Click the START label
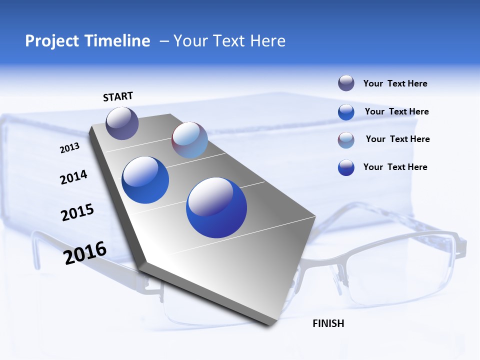click(118, 96)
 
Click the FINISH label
click(328, 323)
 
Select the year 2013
click(69, 148)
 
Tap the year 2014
click(73, 177)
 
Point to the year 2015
click(77, 212)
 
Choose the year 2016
click(85, 253)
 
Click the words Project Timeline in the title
click(87, 41)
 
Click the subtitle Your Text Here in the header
click(229, 41)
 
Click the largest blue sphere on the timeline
click(216, 207)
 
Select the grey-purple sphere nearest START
click(122, 123)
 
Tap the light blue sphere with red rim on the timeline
click(189, 140)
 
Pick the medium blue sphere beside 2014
click(145, 180)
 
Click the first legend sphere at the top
click(346, 83)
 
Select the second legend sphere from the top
click(346, 112)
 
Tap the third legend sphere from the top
click(346, 140)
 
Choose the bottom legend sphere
click(346, 167)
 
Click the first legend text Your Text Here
click(395, 83)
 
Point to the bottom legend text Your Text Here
click(395, 167)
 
